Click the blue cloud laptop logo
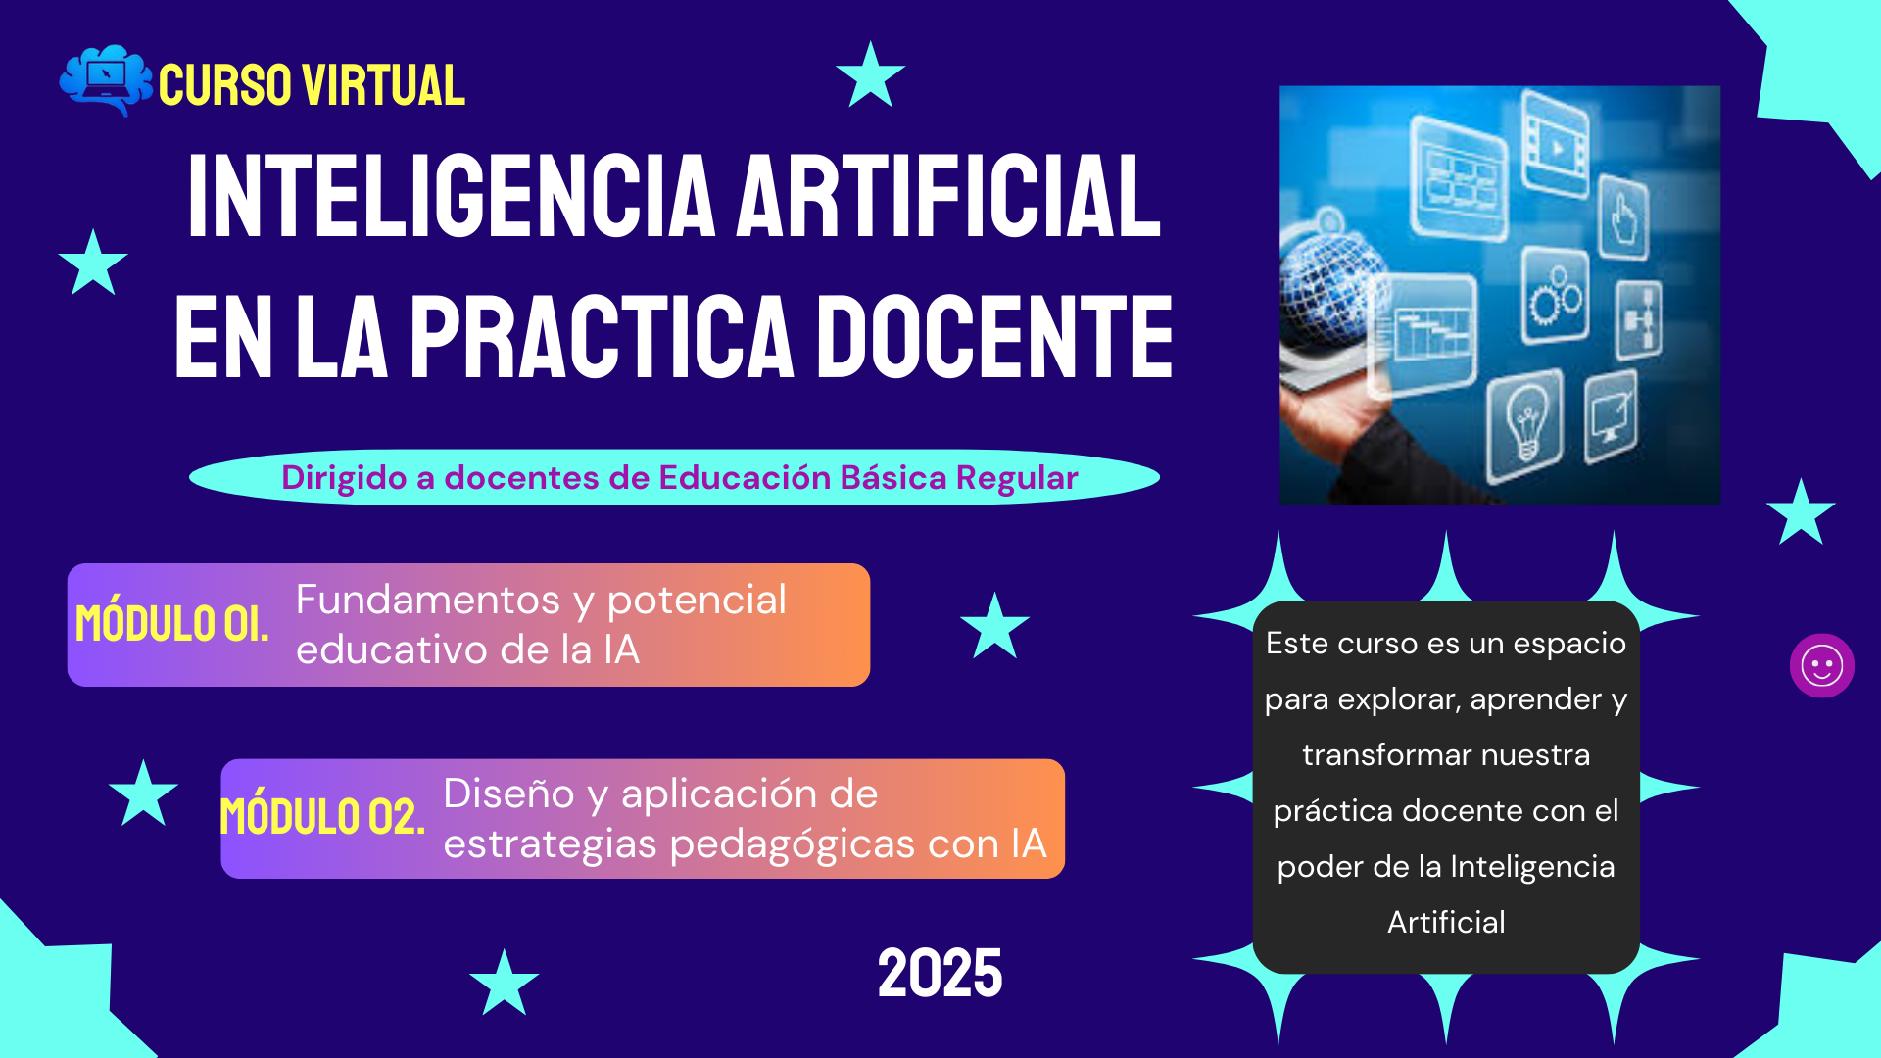(106, 80)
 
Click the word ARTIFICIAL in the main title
(949, 196)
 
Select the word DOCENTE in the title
(995, 337)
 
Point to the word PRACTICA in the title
(602, 337)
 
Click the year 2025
(940, 974)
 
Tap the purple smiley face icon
(1822, 666)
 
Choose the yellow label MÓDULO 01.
(172, 624)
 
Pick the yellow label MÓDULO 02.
(322, 817)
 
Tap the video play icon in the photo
(1557, 148)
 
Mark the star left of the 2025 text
(505, 982)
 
